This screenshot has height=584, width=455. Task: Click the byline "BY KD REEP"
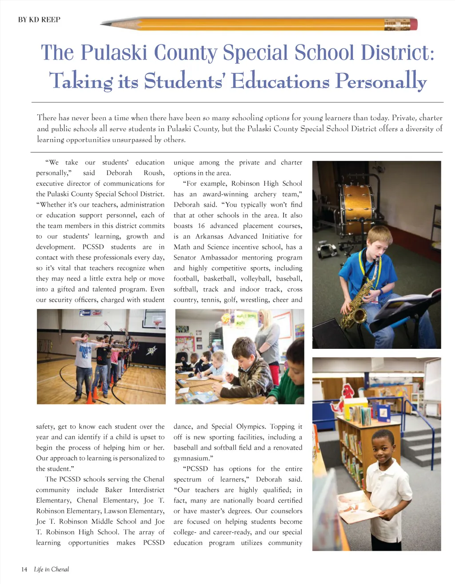[x=39, y=20]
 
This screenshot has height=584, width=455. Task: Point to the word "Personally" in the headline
[x=381, y=81]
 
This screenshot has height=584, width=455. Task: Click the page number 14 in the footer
[x=24, y=569]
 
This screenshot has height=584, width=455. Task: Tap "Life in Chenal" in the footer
[x=52, y=569]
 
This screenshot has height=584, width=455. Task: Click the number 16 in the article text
[x=201, y=226]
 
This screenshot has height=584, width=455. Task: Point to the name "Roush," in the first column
[x=154, y=173]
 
